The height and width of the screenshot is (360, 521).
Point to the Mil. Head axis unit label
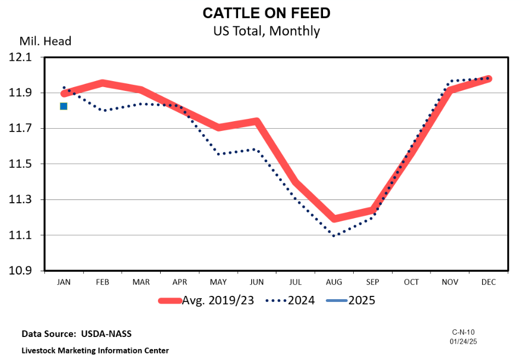tap(46, 41)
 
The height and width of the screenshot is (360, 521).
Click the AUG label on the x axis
tap(334, 282)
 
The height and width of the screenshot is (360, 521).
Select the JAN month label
tap(64, 282)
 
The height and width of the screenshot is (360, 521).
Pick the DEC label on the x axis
tap(488, 282)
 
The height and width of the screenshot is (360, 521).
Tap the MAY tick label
tap(218, 282)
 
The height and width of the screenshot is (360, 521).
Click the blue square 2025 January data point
tap(64, 106)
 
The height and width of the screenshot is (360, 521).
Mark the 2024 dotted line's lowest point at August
tap(334, 236)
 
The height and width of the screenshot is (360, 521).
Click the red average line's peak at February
tap(103, 83)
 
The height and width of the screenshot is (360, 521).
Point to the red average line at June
tap(257, 121)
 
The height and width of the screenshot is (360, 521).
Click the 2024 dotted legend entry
tap(290, 300)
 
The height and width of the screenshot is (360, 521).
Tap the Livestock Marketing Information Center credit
tap(95, 350)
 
